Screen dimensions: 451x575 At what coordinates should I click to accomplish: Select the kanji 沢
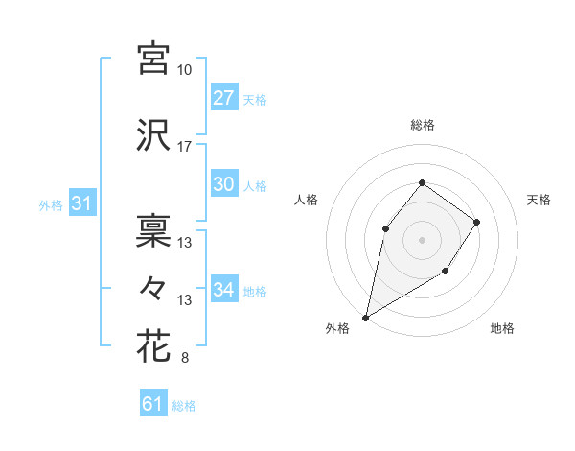(x=153, y=133)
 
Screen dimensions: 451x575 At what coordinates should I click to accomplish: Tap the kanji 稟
(x=153, y=230)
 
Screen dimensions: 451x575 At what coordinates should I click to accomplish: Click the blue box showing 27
(x=223, y=97)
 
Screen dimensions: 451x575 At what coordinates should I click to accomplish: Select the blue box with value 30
(x=223, y=185)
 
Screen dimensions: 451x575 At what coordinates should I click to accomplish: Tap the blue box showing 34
(x=223, y=290)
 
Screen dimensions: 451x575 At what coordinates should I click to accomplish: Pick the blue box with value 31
(x=81, y=203)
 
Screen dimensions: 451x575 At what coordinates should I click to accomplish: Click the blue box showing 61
(x=153, y=404)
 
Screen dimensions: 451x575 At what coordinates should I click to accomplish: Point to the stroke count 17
(x=185, y=147)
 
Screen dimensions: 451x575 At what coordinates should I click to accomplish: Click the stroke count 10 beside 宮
(x=185, y=70)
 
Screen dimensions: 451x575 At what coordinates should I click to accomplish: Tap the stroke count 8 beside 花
(x=184, y=359)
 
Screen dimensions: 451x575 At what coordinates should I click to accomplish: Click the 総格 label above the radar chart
(x=422, y=125)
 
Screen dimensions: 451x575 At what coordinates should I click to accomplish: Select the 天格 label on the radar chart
(x=540, y=200)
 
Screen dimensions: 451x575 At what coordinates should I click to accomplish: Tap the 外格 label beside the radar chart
(x=337, y=328)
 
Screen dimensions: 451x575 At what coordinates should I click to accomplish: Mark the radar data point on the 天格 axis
(x=477, y=222)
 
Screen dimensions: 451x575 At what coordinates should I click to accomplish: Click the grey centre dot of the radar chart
(x=422, y=239)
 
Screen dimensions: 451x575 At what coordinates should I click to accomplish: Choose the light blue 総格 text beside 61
(x=184, y=405)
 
